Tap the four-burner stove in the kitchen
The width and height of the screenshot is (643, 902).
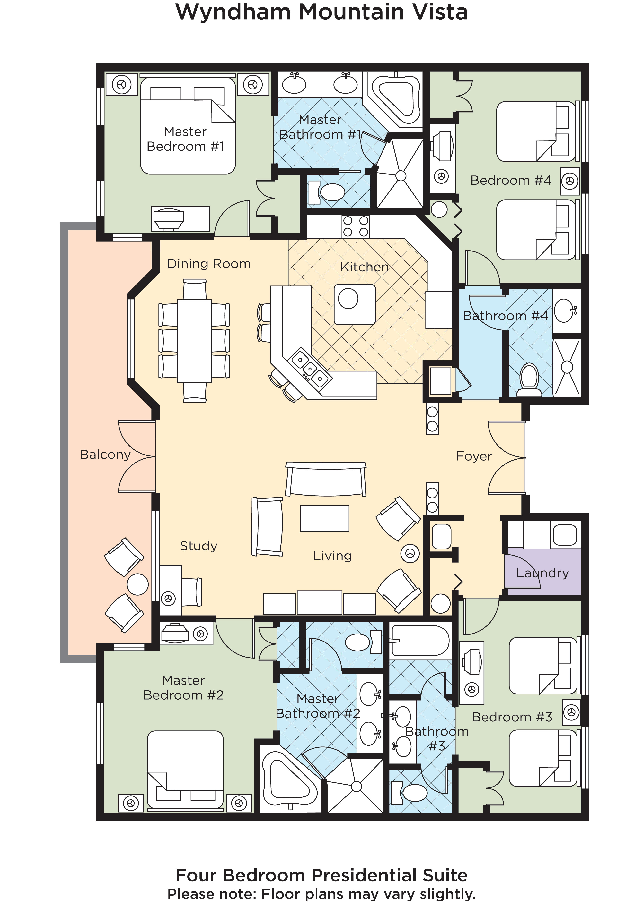(x=356, y=226)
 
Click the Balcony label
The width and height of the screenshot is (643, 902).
(x=105, y=455)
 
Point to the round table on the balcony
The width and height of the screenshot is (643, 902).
(x=137, y=584)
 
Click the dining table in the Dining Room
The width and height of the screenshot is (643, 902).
(x=194, y=341)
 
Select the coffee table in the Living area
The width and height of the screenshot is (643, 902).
(x=325, y=518)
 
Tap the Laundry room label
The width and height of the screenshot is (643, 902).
(x=542, y=573)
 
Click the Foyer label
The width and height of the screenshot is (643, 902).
(x=474, y=456)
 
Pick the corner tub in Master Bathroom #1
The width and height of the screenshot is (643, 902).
(x=397, y=99)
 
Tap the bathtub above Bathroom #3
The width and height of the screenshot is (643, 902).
(x=420, y=641)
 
